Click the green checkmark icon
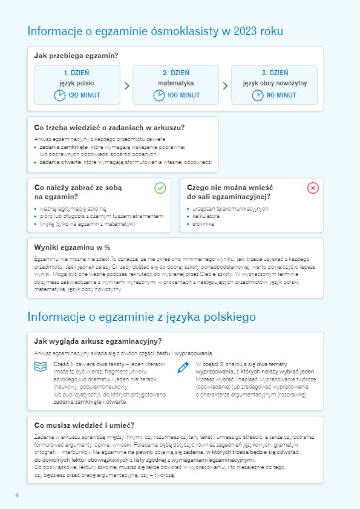pos(160,188)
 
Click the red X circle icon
pos(313,188)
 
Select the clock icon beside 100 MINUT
pos(159,95)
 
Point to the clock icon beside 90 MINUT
pos(258,95)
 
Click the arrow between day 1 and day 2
pos(126,86)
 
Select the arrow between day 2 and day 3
pos(225,86)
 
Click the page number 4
pos(17,496)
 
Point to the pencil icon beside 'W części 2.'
pos(183,367)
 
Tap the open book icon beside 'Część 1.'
pos(41,367)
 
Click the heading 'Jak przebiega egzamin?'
pos(76,56)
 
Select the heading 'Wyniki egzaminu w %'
pos(72,247)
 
